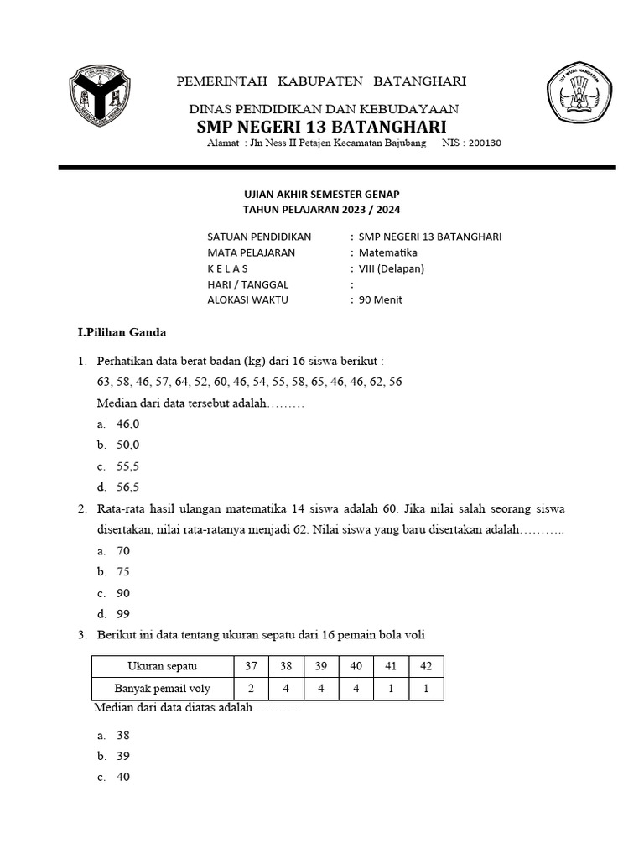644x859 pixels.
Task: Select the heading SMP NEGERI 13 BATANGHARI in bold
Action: click(321, 127)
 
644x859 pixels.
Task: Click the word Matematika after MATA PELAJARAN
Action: click(387, 252)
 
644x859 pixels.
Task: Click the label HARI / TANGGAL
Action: click(247, 284)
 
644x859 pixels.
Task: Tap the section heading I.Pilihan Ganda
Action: click(122, 332)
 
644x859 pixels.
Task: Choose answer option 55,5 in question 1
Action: click(127, 466)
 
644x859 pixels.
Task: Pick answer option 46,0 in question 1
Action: click(127, 425)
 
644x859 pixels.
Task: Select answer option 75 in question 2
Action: click(123, 572)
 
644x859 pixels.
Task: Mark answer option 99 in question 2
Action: click(123, 613)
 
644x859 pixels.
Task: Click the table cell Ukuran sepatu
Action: click(162, 666)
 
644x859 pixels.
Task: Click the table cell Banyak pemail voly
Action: click(162, 689)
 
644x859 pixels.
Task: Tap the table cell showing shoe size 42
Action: click(426, 666)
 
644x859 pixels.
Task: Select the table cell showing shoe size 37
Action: click(251, 666)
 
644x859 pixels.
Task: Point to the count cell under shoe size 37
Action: click(251, 689)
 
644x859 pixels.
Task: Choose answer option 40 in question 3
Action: click(123, 777)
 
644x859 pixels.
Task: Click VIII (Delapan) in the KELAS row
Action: click(392, 268)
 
